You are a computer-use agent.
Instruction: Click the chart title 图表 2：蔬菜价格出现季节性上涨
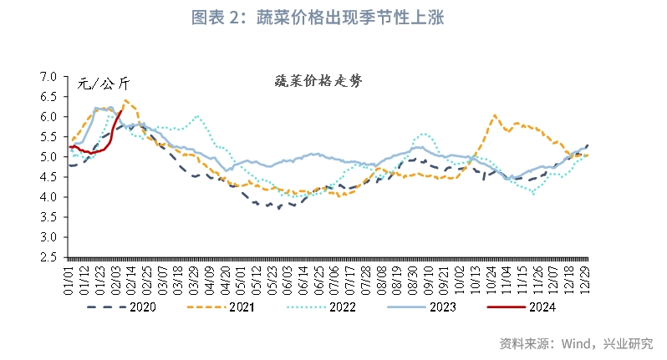(333, 17)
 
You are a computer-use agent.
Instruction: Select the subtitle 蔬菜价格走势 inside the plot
(318, 81)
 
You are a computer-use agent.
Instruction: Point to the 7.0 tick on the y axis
(48, 77)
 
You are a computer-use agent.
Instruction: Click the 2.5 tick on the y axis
(48, 257)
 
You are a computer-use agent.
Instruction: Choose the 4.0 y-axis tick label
(48, 197)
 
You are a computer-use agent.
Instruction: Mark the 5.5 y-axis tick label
(48, 137)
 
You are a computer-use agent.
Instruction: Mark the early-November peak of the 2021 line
(495, 116)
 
